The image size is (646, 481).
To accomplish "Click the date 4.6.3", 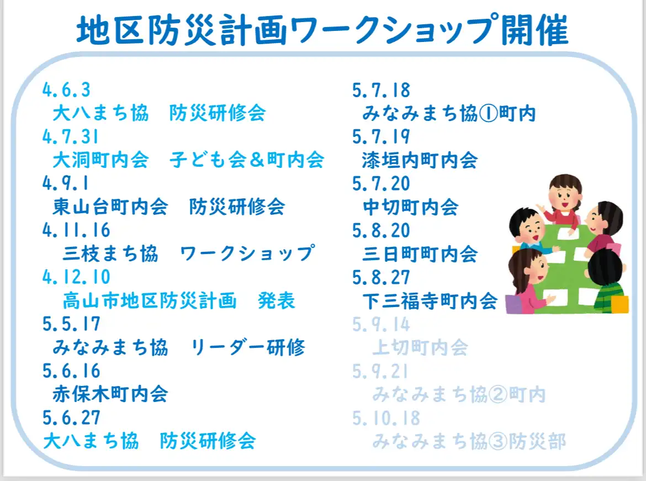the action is point(66,90).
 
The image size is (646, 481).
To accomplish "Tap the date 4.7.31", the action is point(71,137).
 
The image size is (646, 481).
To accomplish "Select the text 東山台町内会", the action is point(110,207).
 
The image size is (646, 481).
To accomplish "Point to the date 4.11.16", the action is point(76,230).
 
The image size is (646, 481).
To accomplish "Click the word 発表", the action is point(277,300).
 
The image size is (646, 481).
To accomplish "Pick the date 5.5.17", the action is point(71,324).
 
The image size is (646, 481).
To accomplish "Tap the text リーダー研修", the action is point(247,347).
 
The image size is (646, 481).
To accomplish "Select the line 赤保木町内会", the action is point(110,394).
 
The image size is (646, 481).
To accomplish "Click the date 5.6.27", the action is point(71,417).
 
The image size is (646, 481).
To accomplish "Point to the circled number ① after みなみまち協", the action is point(488,114).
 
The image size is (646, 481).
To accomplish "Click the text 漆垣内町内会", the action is point(420,160).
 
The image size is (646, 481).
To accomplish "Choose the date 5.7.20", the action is point(381,184).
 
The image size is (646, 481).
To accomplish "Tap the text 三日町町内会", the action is point(420,254).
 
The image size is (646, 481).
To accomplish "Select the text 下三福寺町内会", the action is point(430,301).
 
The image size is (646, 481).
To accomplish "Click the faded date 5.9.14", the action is point(381,324).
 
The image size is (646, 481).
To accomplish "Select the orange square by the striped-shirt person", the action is point(619,305).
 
